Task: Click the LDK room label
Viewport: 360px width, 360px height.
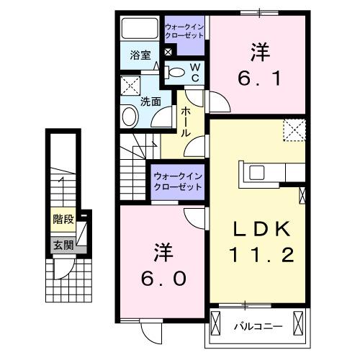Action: [261, 229]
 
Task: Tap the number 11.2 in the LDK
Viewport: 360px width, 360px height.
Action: [261, 253]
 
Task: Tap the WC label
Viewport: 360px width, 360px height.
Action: [195, 70]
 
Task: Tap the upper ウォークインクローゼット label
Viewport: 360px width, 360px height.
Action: [185, 31]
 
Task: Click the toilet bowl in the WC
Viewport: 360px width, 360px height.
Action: [175, 70]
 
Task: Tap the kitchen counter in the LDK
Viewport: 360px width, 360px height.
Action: [274, 173]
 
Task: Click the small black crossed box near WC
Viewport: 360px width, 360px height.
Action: [168, 52]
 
